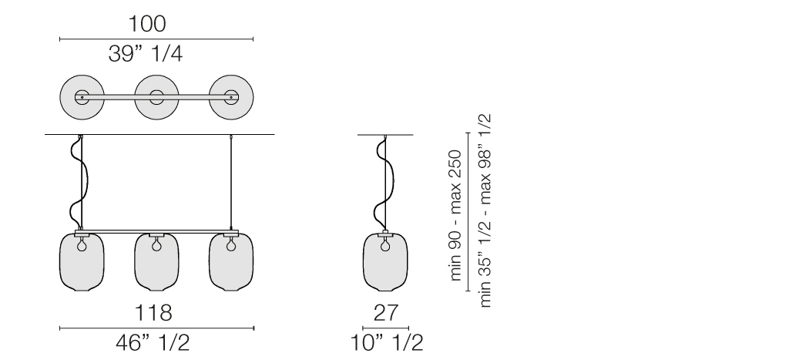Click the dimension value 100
[x=147, y=24]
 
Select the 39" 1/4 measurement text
[x=146, y=53]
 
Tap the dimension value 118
[x=153, y=313]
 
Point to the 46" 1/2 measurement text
[x=153, y=343]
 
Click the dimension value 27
[x=385, y=313]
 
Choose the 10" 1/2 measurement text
[x=387, y=343]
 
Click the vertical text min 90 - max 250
[x=455, y=215]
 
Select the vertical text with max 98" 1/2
[x=485, y=210]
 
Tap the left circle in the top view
[x=82, y=97]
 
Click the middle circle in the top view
[x=156, y=97]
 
